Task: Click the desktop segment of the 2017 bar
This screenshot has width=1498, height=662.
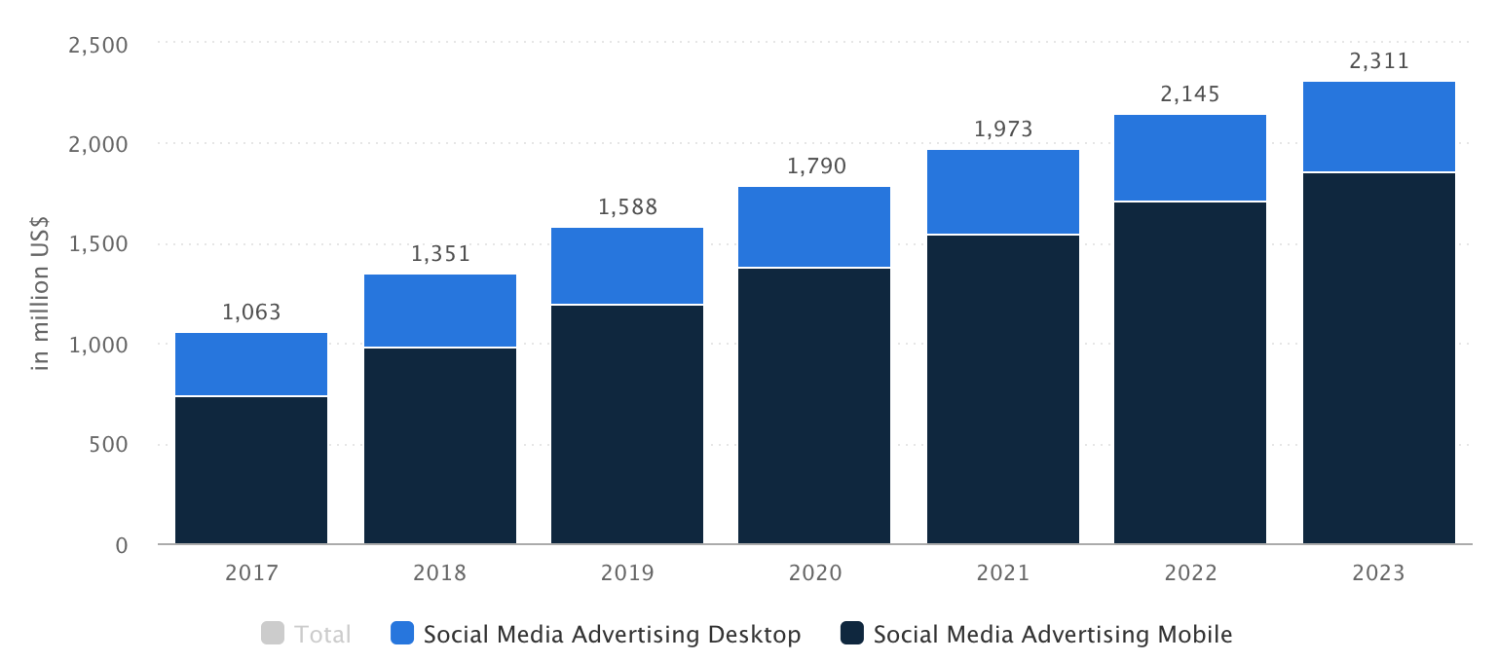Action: (251, 364)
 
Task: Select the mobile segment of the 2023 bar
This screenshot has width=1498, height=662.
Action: (1379, 357)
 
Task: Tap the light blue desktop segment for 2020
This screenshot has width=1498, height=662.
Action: (814, 227)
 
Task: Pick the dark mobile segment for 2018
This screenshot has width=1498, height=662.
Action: (440, 445)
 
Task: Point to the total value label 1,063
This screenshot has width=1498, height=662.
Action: (251, 313)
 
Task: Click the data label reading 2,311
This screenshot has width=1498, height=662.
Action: (1379, 61)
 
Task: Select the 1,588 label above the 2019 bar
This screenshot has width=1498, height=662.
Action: (627, 207)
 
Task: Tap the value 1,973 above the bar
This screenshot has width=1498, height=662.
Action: (1003, 129)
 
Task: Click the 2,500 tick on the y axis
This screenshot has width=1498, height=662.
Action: (97, 46)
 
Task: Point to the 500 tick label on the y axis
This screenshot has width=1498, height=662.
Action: (108, 445)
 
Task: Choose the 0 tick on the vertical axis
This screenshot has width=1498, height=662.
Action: (121, 545)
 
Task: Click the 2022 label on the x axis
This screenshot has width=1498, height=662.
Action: (1190, 573)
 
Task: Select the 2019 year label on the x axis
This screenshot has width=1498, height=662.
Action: (627, 573)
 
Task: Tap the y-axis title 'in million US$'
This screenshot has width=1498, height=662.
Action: (40, 293)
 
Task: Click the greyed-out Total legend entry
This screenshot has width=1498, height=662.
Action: (306, 634)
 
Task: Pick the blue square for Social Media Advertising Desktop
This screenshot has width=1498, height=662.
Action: (402, 633)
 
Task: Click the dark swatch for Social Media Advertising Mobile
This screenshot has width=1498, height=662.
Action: (852, 633)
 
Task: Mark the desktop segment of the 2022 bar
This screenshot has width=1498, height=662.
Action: (1189, 158)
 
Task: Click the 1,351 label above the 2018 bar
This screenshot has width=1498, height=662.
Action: (440, 254)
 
